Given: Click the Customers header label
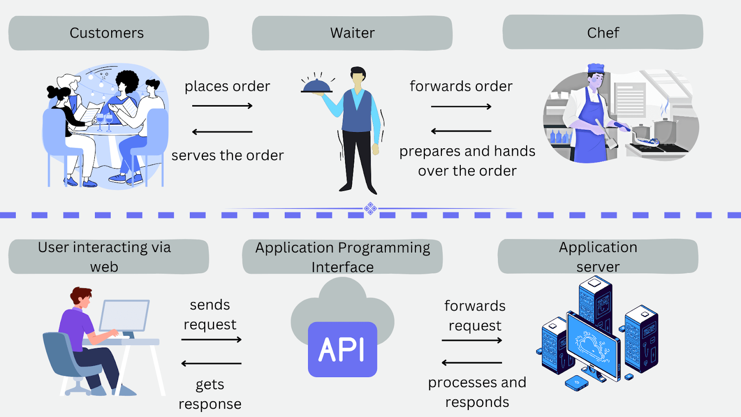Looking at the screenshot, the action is click(107, 33).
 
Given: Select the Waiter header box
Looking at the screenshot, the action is click(352, 33).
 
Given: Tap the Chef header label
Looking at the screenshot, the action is click(603, 33).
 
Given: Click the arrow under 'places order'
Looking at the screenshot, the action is click(222, 106).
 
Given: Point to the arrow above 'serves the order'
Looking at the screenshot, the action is click(222, 132).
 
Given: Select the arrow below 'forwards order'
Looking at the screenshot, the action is click(461, 107).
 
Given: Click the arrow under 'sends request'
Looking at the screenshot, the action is click(211, 340).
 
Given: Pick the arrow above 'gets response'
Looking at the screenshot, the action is click(211, 363).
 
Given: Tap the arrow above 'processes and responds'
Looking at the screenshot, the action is click(472, 363).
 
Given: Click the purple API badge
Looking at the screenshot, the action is click(342, 349).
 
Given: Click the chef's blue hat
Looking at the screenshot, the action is click(596, 68).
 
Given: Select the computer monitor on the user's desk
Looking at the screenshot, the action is click(124, 316).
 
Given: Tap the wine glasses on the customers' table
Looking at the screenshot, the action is click(105, 122).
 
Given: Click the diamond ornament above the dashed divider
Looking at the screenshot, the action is click(370, 208).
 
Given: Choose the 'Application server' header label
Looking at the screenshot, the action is click(598, 257).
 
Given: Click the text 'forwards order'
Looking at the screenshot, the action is click(461, 86).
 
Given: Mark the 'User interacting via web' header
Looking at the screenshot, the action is click(104, 257).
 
